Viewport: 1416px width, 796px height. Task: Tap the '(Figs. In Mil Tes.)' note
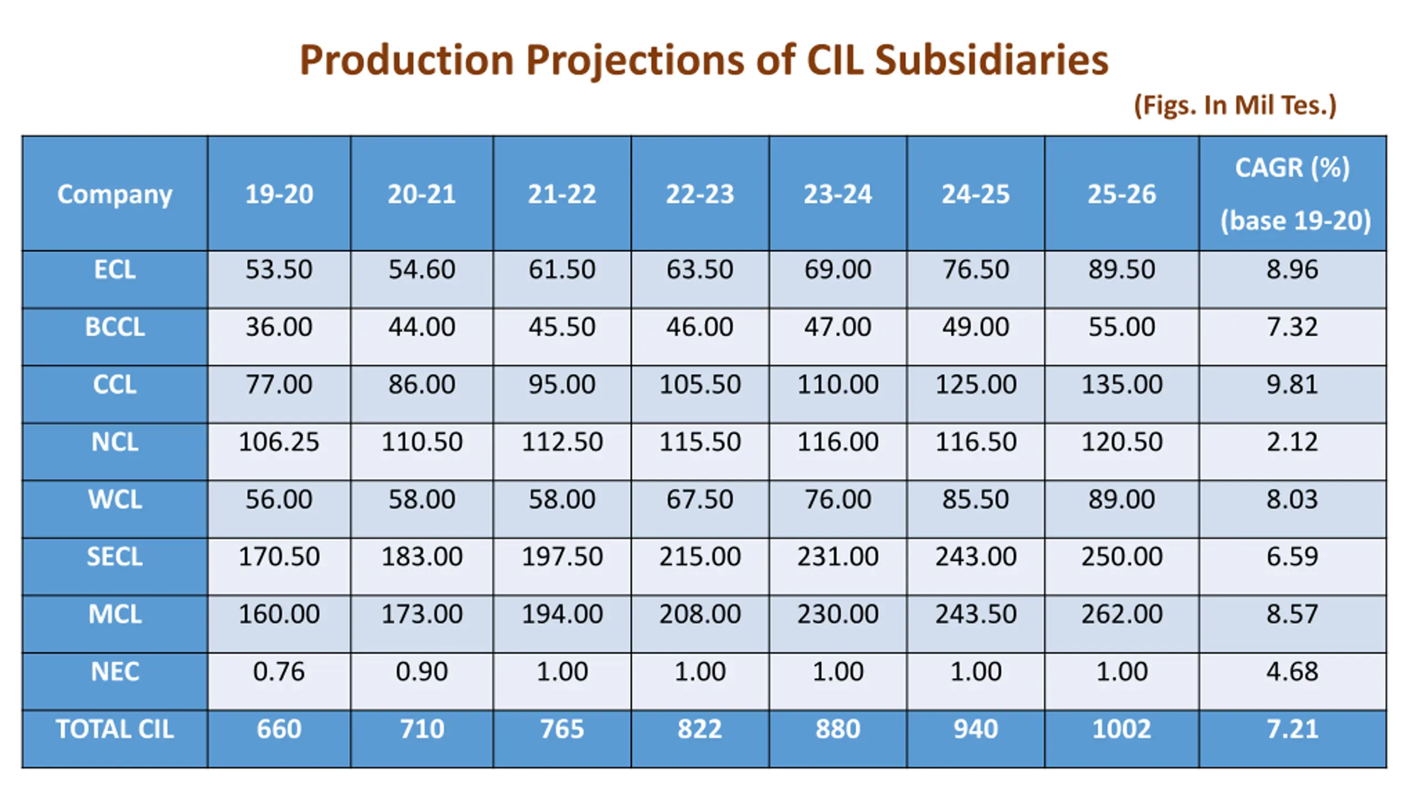pyautogui.click(x=1235, y=105)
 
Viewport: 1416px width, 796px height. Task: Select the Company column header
pyautogui.click(x=114, y=194)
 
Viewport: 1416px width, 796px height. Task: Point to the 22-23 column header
pyautogui.click(x=700, y=194)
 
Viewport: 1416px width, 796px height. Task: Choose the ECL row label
pyautogui.click(x=114, y=270)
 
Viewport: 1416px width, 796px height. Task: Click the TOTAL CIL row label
pyautogui.click(x=114, y=729)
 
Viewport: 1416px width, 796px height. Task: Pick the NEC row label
pyautogui.click(x=114, y=672)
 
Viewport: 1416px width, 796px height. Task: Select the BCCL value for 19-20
pyautogui.click(x=279, y=327)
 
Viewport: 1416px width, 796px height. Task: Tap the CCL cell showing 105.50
pyautogui.click(x=700, y=384)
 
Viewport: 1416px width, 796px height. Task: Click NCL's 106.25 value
pyautogui.click(x=279, y=442)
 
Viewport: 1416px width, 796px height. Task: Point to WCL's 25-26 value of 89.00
pyautogui.click(x=1121, y=499)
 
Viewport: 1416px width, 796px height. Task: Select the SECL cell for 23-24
pyautogui.click(x=837, y=556)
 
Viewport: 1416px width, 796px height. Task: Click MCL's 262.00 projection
pyautogui.click(x=1121, y=614)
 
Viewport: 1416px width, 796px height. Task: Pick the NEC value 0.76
pyautogui.click(x=279, y=672)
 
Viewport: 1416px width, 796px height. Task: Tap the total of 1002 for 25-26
pyautogui.click(x=1121, y=729)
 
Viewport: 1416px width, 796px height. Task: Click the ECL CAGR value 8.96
pyautogui.click(x=1292, y=269)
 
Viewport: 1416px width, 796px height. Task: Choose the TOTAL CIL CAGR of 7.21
pyautogui.click(x=1292, y=729)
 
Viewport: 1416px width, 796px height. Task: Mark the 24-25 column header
pyautogui.click(x=976, y=194)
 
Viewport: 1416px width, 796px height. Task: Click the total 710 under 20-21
pyautogui.click(x=421, y=729)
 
